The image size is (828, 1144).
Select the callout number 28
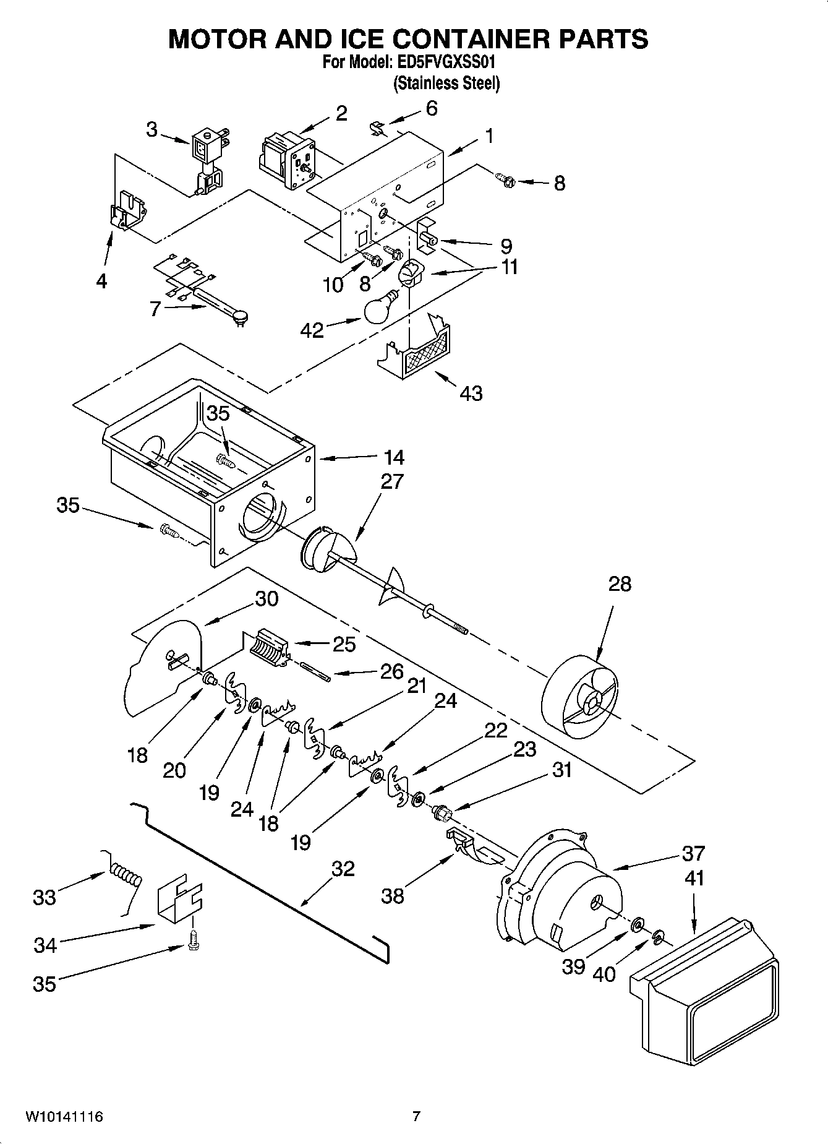pos(620,583)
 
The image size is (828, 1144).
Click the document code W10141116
pos(64,1117)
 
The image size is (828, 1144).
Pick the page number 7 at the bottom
pos(416,1117)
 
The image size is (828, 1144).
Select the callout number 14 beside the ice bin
pos(393,457)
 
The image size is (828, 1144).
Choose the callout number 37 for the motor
pos(693,853)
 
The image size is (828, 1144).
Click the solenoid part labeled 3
pos(208,163)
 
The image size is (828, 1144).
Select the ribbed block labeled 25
pos(270,647)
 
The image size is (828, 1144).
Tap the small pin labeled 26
pos(316,671)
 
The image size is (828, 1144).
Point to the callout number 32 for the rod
pos(343,869)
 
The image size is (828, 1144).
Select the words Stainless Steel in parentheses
pos(446,83)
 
